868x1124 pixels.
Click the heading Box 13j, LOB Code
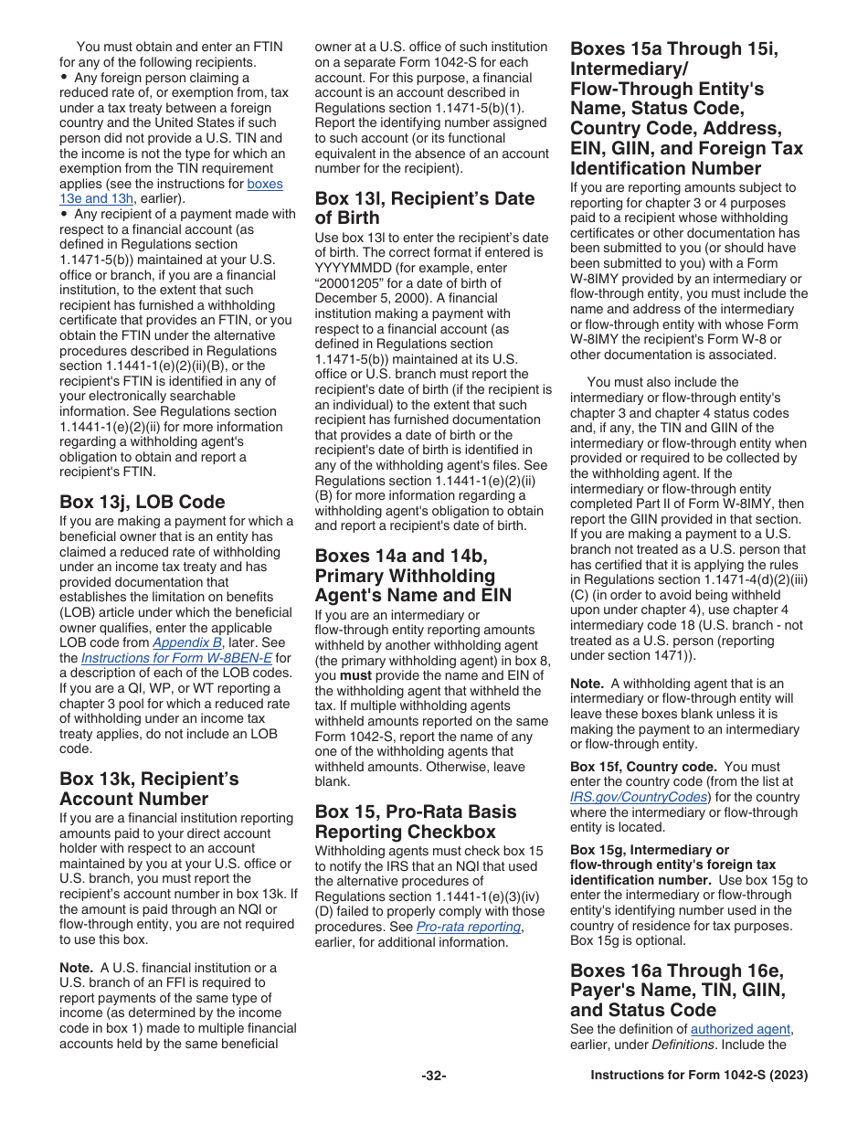pos(142,502)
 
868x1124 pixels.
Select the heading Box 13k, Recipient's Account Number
pos(149,789)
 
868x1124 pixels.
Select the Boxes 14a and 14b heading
pos(413,576)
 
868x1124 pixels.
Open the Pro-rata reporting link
pos(468,927)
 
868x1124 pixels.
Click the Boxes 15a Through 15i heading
pos(686,108)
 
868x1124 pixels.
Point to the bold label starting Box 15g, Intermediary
pos(650,864)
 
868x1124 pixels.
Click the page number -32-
pos(433,1076)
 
